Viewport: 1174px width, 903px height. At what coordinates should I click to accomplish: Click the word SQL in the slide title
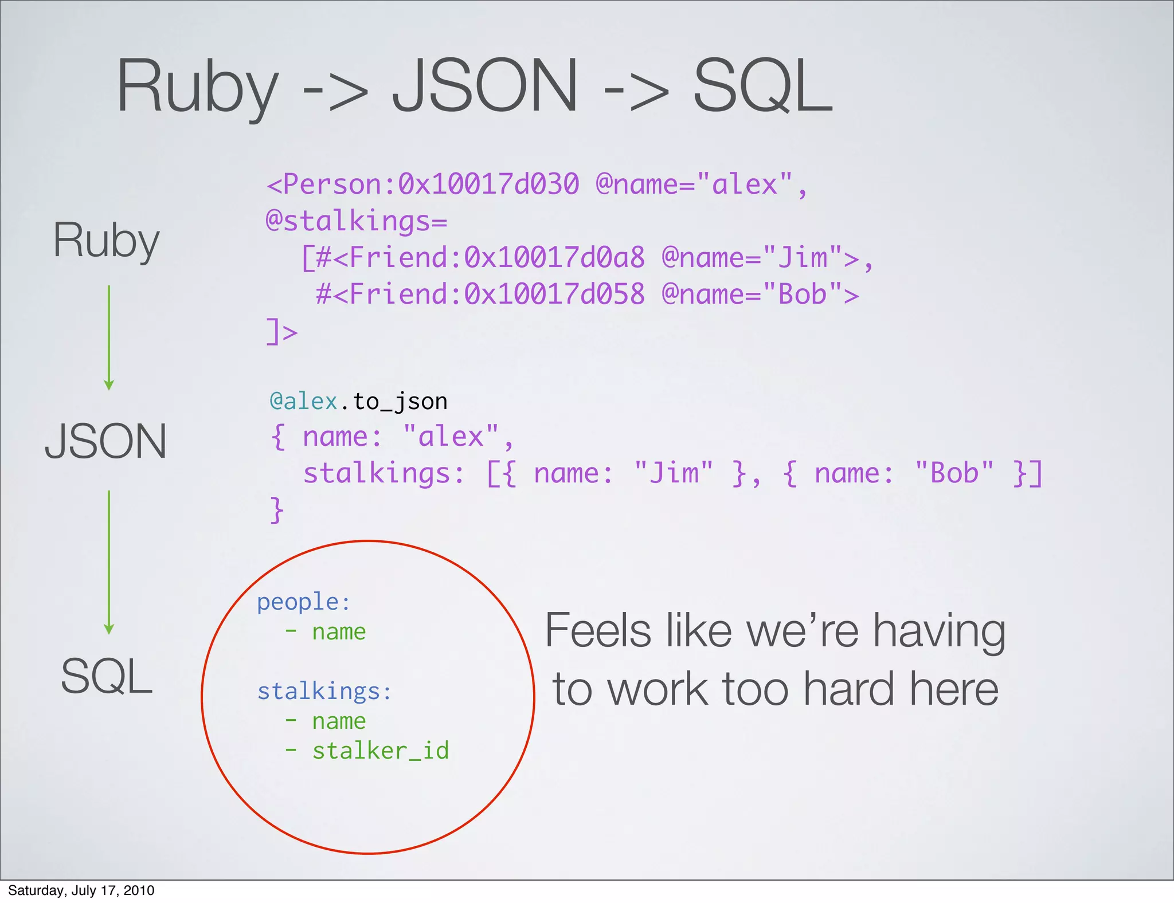(x=762, y=87)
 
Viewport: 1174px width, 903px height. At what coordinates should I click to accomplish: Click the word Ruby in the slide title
(x=197, y=87)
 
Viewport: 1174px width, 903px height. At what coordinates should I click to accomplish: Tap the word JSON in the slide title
(x=485, y=87)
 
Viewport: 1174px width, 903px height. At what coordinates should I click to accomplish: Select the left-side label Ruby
(x=106, y=241)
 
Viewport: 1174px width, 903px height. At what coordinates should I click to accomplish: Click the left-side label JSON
(x=106, y=441)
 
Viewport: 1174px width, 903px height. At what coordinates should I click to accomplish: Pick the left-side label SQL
(x=107, y=676)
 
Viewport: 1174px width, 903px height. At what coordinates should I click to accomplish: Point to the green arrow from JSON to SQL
(x=109, y=562)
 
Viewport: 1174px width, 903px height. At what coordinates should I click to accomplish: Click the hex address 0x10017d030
(x=488, y=184)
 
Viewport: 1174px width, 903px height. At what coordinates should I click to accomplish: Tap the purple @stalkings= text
(x=356, y=221)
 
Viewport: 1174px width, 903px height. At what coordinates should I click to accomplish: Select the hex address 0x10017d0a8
(x=554, y=258)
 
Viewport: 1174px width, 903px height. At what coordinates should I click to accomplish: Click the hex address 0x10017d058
(x=554, y=295)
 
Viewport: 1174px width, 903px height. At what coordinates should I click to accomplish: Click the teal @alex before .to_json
(x=303, y=401)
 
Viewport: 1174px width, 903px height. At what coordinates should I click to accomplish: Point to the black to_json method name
(x=400, y=402)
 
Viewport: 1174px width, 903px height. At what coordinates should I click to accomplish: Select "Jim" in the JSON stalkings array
(x=674, y=473)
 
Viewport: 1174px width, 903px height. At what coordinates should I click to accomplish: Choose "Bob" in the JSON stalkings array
(x=954, y=473)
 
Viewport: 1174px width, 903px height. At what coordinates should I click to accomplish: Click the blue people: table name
(x=303, y=602)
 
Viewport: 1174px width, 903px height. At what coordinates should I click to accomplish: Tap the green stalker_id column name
(x=381, y=751)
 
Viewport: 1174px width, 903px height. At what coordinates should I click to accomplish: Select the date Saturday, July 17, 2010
(x=81, y=890)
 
